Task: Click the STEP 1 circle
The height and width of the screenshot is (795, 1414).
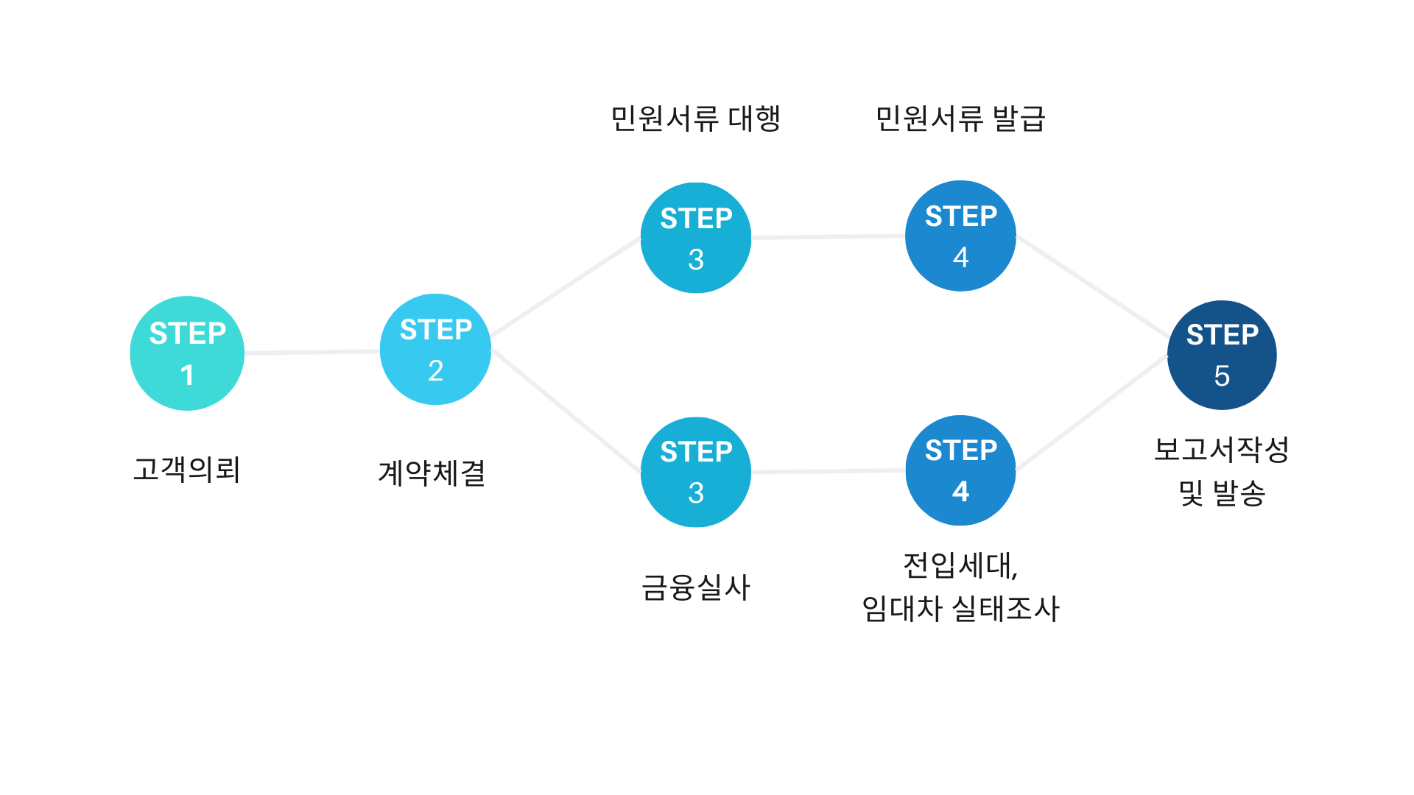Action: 187,353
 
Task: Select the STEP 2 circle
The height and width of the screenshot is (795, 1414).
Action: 435,350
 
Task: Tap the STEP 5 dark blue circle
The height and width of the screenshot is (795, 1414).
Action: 1222,355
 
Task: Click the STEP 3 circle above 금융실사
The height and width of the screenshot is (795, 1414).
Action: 696,472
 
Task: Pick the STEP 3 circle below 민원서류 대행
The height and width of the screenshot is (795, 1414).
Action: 696,238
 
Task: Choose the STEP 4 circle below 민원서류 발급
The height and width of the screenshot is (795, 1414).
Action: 960,236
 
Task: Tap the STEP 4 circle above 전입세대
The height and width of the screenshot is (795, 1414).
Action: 960,470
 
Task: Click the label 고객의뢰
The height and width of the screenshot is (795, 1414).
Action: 187,469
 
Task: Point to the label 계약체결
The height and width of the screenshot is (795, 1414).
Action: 432,473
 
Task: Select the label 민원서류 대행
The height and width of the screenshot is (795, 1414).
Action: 695,119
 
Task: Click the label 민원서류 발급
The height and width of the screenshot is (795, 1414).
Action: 960,119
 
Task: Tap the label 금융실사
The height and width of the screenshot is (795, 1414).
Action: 696,587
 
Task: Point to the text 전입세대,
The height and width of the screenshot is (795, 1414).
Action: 960,565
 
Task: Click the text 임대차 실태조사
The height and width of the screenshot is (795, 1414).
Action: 960,609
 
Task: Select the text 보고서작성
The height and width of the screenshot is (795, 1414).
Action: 1221,449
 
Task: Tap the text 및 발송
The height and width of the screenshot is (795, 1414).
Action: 1221,492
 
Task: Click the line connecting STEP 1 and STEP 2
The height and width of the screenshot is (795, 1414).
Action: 312,353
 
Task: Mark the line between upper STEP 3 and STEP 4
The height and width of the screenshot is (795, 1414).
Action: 828,237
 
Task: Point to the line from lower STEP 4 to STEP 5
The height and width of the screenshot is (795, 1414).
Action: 1091,413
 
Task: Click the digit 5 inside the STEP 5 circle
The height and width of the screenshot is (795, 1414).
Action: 1222,376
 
